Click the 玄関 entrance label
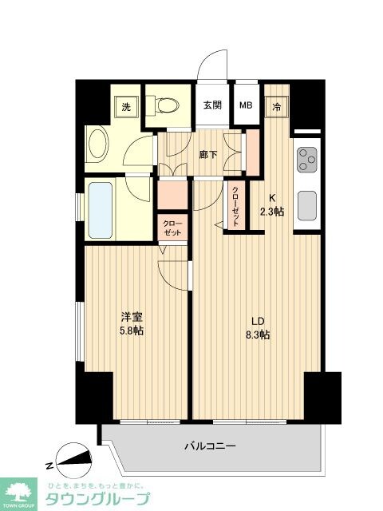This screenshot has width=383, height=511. [211, 105]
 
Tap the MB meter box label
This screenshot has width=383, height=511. [246, 105]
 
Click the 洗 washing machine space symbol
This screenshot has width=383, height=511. [126, 106]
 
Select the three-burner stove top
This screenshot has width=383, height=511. [306, 161]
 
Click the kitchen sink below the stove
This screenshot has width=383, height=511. [306, 204]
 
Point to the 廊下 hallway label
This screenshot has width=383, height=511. [209, 154]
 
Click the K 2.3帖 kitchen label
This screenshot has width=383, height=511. [272, 205]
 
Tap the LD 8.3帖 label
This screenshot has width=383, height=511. [257, 328]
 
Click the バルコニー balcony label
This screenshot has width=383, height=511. [210, 446]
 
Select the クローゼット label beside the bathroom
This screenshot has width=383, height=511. [172, 228]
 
